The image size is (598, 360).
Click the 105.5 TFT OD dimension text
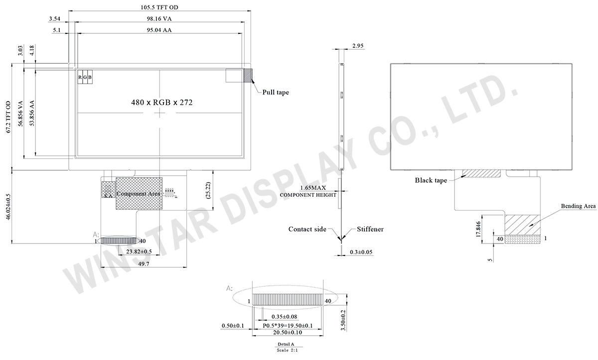[x=159, y=7]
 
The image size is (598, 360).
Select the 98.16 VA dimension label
[x=159, y=18]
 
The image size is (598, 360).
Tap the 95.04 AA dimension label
[x=159, y=30]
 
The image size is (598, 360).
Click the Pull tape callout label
[x=276, y=92]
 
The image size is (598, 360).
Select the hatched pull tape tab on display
[x=247, y=76]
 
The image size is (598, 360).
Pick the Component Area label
[x=138, y=193]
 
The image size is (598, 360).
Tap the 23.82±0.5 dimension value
[x=125, y=252]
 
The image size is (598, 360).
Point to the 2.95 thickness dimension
[x=358, y=46]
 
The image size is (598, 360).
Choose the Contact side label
[x=307, y=229]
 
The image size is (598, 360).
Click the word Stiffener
[x=370, y=229]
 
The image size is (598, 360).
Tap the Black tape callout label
[x=431, y=180]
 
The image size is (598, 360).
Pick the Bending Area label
[x=578, y=206]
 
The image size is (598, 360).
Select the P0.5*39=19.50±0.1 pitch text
[x=288, y=326]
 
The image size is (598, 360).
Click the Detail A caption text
[x=286, y=344]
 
